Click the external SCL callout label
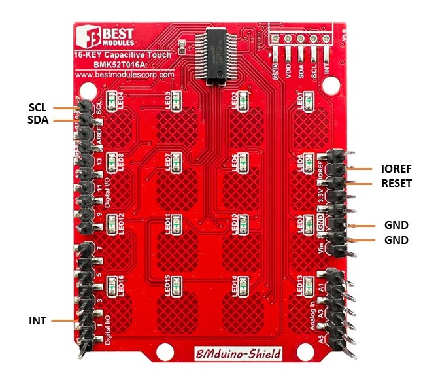point(38,107)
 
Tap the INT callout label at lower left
point(37,321)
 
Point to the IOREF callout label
point(396,167)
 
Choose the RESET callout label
point(396,184)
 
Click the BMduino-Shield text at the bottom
point(239,354)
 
